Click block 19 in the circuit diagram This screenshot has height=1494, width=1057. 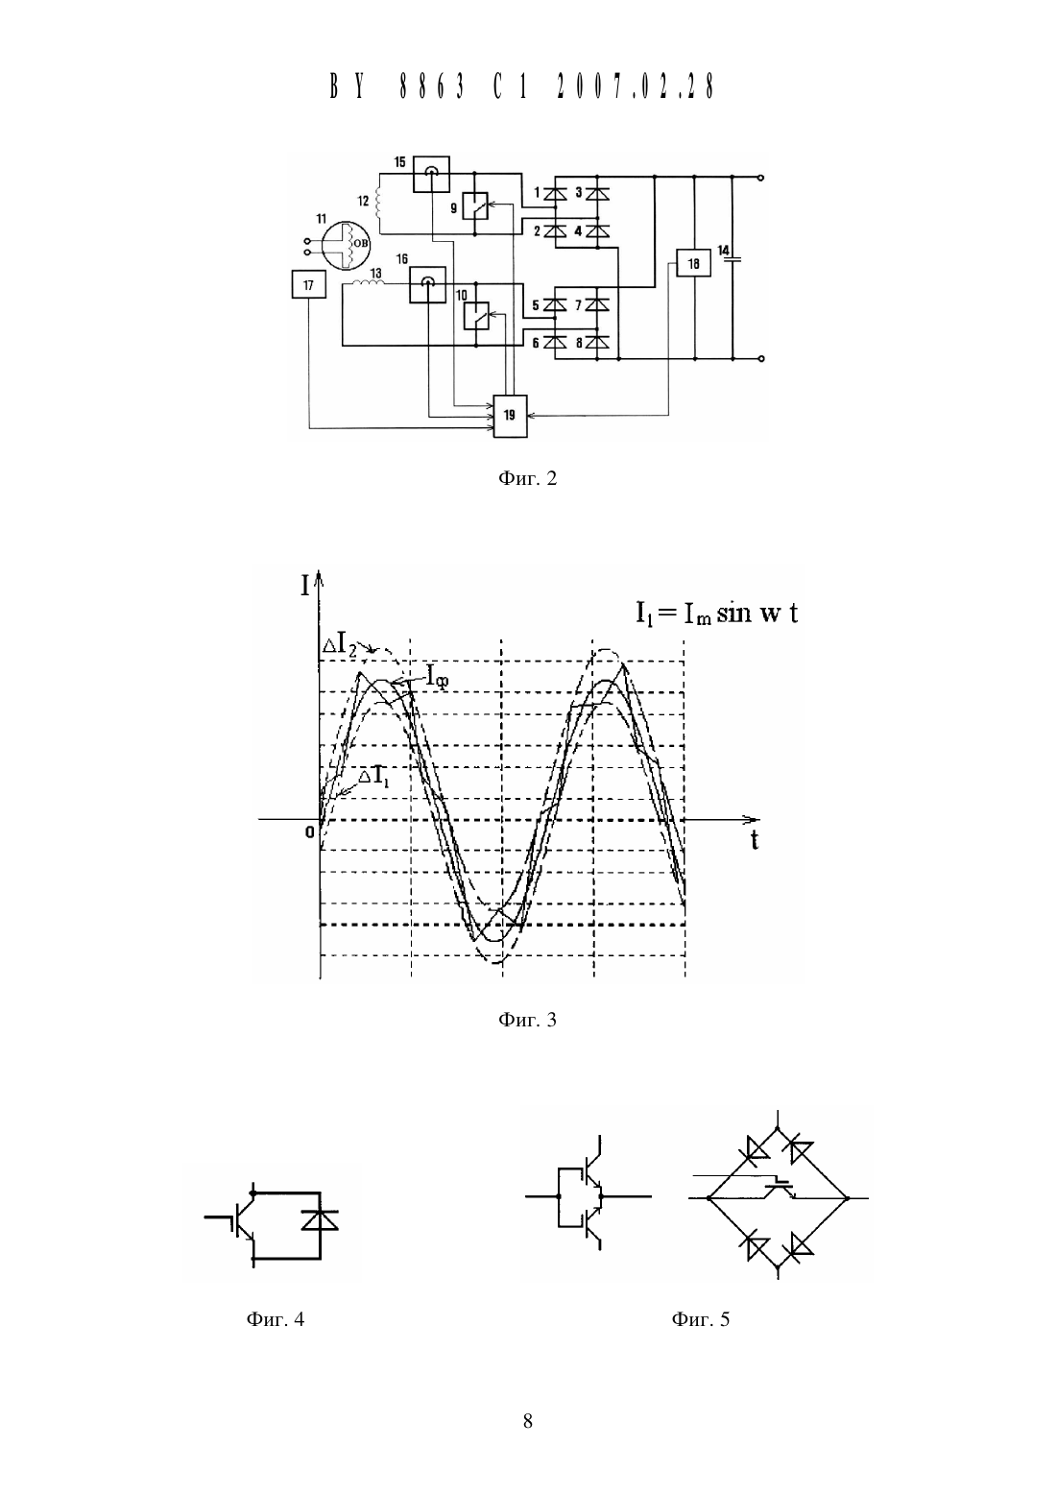[510, 416]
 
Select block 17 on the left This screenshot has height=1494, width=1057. [309, 284]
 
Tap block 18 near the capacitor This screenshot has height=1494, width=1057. [693, 263]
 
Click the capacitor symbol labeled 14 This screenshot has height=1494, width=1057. [733, 257]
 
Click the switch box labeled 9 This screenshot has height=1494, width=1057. [475, 205]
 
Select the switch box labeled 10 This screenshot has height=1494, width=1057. [476, 316]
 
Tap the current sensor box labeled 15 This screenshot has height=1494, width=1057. [431, 174]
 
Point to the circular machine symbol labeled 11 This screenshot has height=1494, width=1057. [346, 244]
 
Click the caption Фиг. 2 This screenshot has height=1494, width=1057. [527, 478]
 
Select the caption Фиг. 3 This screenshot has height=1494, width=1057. [527, 1019]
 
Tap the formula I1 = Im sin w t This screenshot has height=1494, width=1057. [716, 613]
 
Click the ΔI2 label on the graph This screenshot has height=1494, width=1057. [340, 646]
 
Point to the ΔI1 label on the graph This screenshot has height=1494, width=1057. [374, 777]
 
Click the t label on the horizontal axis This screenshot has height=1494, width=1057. [755, 841]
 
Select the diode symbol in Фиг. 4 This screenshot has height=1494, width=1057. [320, 1219]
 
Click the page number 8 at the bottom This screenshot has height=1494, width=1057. [527, 1421]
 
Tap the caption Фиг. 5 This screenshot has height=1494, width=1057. [700, 1318]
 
